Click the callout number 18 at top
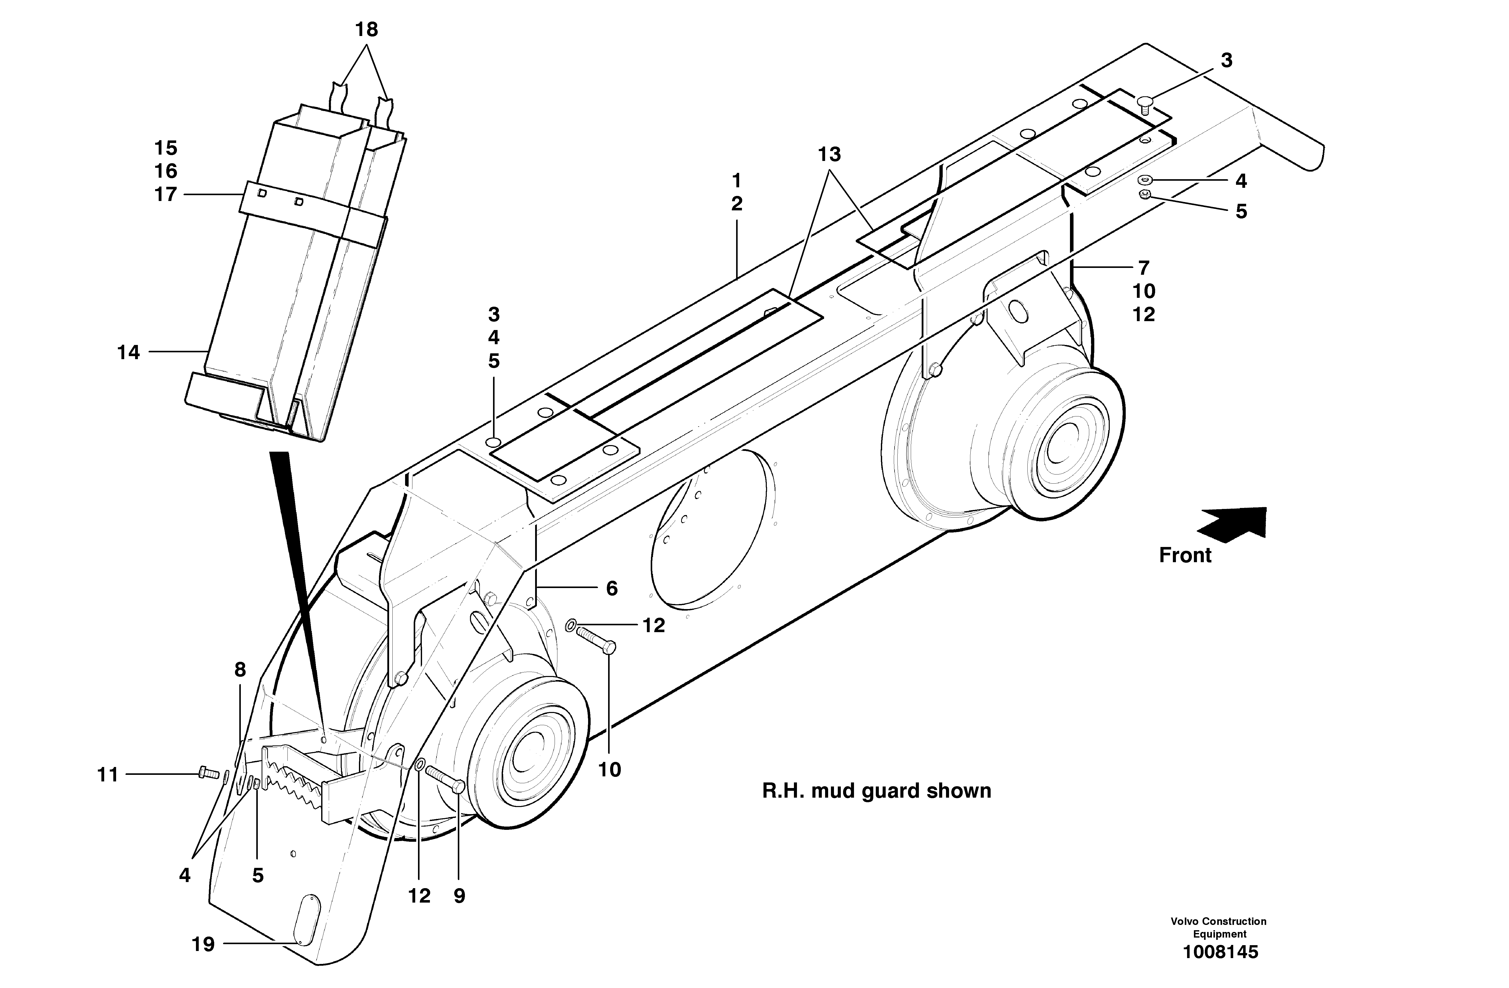(367, 30)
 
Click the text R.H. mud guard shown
(876, 791)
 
